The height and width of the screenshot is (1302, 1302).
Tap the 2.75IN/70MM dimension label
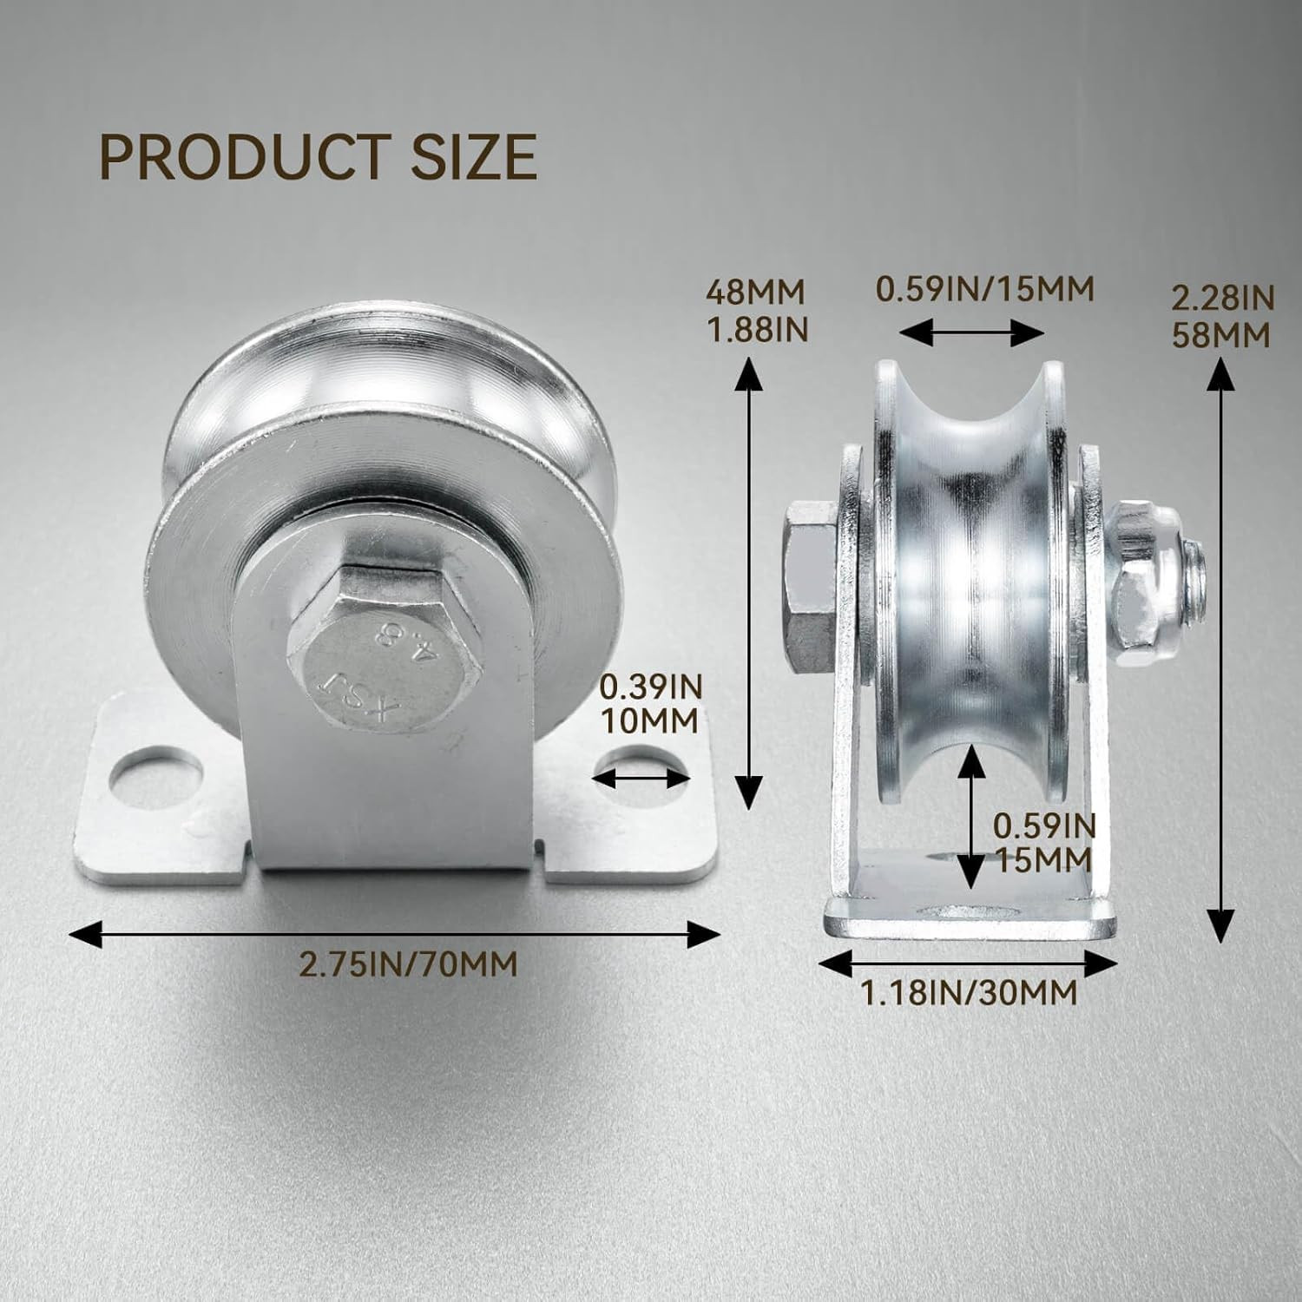click(x=408, y=964)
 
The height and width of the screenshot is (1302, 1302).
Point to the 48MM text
click(x=755, y=292)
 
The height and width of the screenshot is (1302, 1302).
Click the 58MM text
click(x=1221, y=334)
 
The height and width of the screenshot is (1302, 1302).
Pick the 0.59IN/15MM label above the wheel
click(x=984, y=288)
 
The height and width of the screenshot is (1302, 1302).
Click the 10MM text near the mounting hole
click(x=649, y=721)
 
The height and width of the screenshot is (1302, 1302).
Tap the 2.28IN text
click(x=1222, y=299)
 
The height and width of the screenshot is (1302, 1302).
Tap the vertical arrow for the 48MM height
click(x=749, y=582)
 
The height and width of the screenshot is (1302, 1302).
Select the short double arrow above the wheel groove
click(x=971, y=332)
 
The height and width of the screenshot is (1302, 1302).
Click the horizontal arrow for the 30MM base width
click(x=967, y=963)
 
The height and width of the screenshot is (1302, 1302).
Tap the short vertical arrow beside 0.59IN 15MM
click(x=972, y=816)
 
